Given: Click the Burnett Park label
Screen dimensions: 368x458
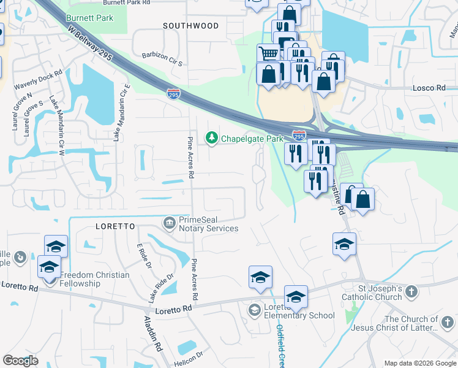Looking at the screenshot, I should (90, 18).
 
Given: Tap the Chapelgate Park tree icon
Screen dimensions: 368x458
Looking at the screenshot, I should (212, 137).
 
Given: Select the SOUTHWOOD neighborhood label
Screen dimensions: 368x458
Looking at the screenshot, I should (191, 26).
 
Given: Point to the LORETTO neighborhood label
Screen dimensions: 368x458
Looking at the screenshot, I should (115, 226).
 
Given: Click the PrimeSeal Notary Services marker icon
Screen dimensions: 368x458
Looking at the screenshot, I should (168, 221).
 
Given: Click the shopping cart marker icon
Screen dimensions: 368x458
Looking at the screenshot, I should (268, 53).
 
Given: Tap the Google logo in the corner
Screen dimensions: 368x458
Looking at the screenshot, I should (20, 361).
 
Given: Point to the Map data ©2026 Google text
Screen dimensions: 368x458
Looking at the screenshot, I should (419, 363).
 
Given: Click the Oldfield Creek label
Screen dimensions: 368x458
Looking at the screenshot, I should (280, 343).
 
